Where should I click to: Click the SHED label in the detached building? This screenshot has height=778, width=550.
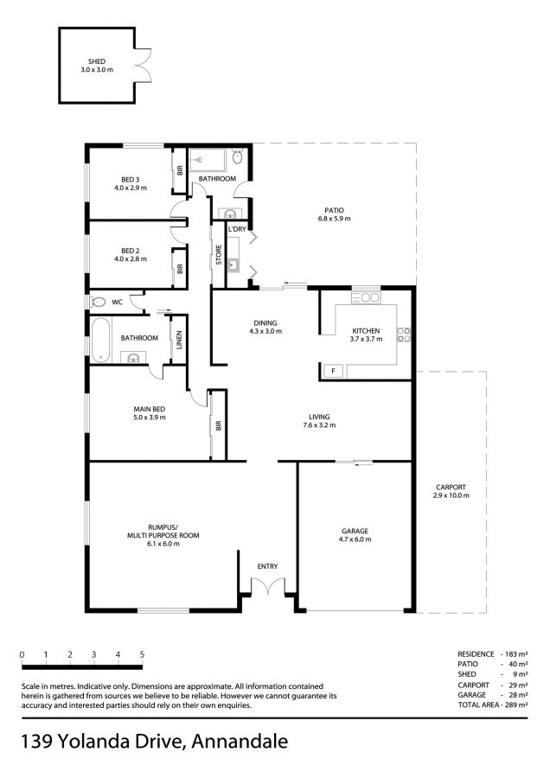point(97,61)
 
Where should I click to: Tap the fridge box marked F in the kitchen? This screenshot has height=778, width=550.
point(334,371)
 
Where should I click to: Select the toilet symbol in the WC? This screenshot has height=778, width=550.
point(98,302)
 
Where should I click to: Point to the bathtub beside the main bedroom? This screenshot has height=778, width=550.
point(101,341)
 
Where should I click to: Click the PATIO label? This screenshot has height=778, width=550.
point(334,210)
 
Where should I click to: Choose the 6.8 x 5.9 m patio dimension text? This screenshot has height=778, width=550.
point(334,219)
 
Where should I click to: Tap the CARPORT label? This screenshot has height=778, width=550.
point(451,488)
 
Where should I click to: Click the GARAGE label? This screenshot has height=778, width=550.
point(355,531)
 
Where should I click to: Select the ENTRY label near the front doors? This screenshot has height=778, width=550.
point(267,566)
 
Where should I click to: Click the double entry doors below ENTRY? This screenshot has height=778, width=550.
point(268,585)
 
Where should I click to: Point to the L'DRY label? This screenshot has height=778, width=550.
point(237,229)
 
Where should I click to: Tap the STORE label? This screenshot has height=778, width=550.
point(219,255)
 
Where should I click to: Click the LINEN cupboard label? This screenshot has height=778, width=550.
point(179,340)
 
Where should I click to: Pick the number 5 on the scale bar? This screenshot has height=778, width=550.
point(142,655)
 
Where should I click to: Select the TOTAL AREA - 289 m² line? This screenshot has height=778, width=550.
point(492,705)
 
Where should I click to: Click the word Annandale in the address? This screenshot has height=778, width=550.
point(240,742)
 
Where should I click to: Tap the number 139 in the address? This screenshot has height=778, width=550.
point(36,742)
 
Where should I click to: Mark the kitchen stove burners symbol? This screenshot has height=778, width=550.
point(404,335)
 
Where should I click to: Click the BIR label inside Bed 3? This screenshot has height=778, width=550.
point(180,170)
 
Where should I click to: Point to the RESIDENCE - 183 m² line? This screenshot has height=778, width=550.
point(492,654)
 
